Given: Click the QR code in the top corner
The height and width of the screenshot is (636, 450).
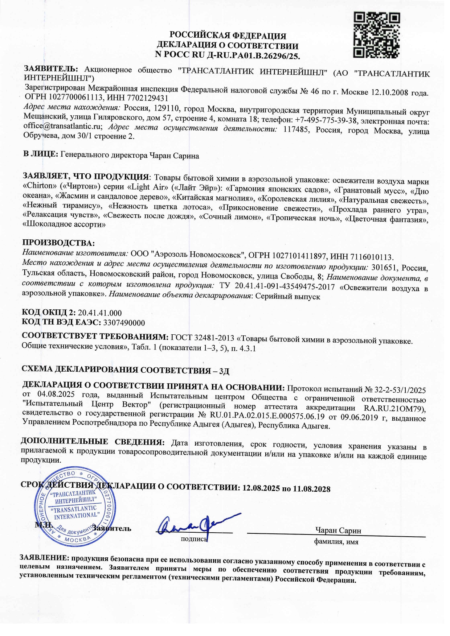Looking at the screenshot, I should tap(377, 35).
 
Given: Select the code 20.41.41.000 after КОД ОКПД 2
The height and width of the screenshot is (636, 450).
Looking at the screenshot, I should tap(100, 313).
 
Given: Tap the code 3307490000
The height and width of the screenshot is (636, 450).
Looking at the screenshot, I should tap(124, 322).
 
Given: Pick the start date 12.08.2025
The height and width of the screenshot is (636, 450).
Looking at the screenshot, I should tap(261, 488).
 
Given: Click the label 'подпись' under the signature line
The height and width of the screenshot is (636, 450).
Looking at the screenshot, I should tap(194, 539).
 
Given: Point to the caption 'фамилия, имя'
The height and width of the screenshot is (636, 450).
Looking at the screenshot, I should tap(336, 542).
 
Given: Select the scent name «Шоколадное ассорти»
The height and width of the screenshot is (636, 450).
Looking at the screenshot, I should tap(64, 224).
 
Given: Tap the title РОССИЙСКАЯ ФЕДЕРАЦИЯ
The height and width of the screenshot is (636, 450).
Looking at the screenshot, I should tap(228, 36).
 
